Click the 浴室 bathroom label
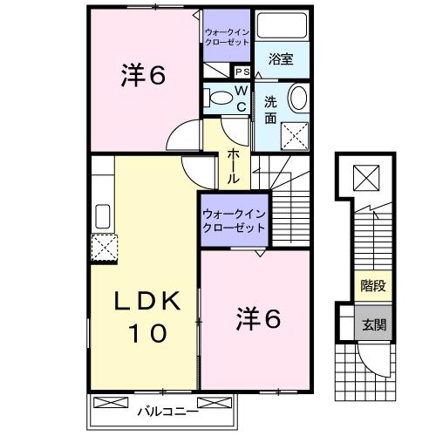click(280, 59)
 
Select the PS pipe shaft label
click(241, 72)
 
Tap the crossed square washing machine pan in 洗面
click(297, 134)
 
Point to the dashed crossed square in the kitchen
click(105, 249)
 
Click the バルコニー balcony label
click(162, 407)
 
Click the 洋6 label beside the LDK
click(256, 320)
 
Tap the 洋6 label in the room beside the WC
click(142, 76)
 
